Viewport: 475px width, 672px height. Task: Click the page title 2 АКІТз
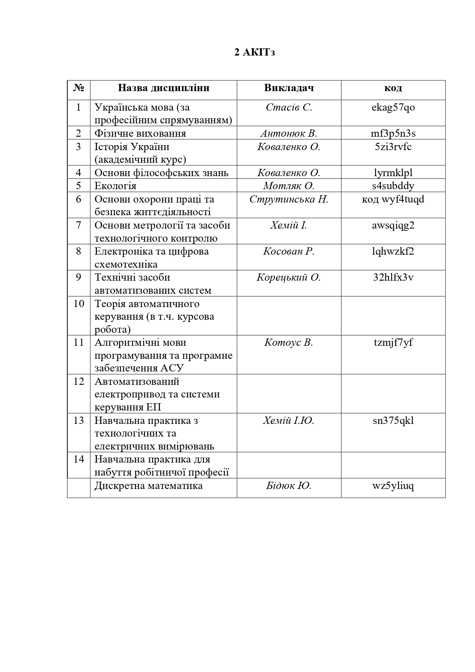(255, 52)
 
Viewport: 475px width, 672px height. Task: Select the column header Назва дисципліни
(163, 88)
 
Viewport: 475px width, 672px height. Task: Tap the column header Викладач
(289, 88)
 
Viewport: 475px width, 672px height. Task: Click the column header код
(393, 88)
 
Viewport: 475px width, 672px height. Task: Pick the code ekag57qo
(393, 108)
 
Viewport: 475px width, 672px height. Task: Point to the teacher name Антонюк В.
(289, 134)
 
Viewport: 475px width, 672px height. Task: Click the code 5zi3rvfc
(393, 147)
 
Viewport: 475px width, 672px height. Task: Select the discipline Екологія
(115, 186)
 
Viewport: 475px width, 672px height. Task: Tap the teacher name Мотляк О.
(289, 186)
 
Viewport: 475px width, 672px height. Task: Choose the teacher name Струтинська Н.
(289, 199)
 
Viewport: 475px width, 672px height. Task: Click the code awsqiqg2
(393, 225)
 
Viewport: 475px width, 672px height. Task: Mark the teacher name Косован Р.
(289, 252)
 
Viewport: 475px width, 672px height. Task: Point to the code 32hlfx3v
(393, 278)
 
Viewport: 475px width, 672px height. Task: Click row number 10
(78, 304)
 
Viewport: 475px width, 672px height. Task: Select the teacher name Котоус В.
(289, 343)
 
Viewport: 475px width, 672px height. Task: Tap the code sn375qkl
(393, 421)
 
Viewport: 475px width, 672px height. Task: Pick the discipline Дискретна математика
(149, 486)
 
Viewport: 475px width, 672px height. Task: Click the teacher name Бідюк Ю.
(289, 486)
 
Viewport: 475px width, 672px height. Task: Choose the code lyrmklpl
(393, 173)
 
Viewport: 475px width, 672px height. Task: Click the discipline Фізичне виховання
(140, 134)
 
